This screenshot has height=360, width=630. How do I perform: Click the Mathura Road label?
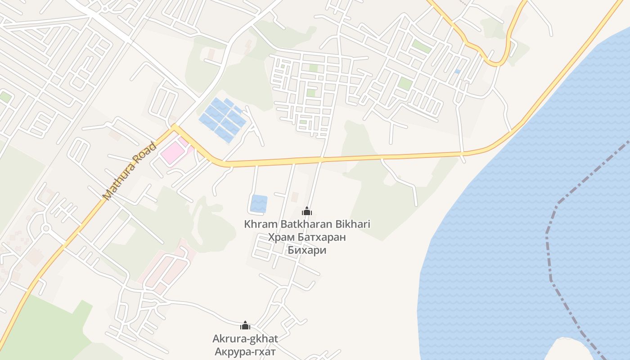(x=130, y=171)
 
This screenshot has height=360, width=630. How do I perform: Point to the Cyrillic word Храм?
(x=281, y=238)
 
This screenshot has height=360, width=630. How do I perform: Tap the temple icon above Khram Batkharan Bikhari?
(x=307, y=211)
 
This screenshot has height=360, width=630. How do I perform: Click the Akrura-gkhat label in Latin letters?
(x=245, y=338)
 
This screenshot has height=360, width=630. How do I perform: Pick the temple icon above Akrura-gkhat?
(x=245, y=325)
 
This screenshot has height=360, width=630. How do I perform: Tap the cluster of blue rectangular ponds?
(x=223, y=119)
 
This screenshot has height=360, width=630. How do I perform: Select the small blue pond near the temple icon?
(x=258, y=203)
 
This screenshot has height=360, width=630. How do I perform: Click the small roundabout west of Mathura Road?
(x=45, y=229)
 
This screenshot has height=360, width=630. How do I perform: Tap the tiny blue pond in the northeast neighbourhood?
(x=457, y=72)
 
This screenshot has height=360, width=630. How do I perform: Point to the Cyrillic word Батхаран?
(x=321, y=238)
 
